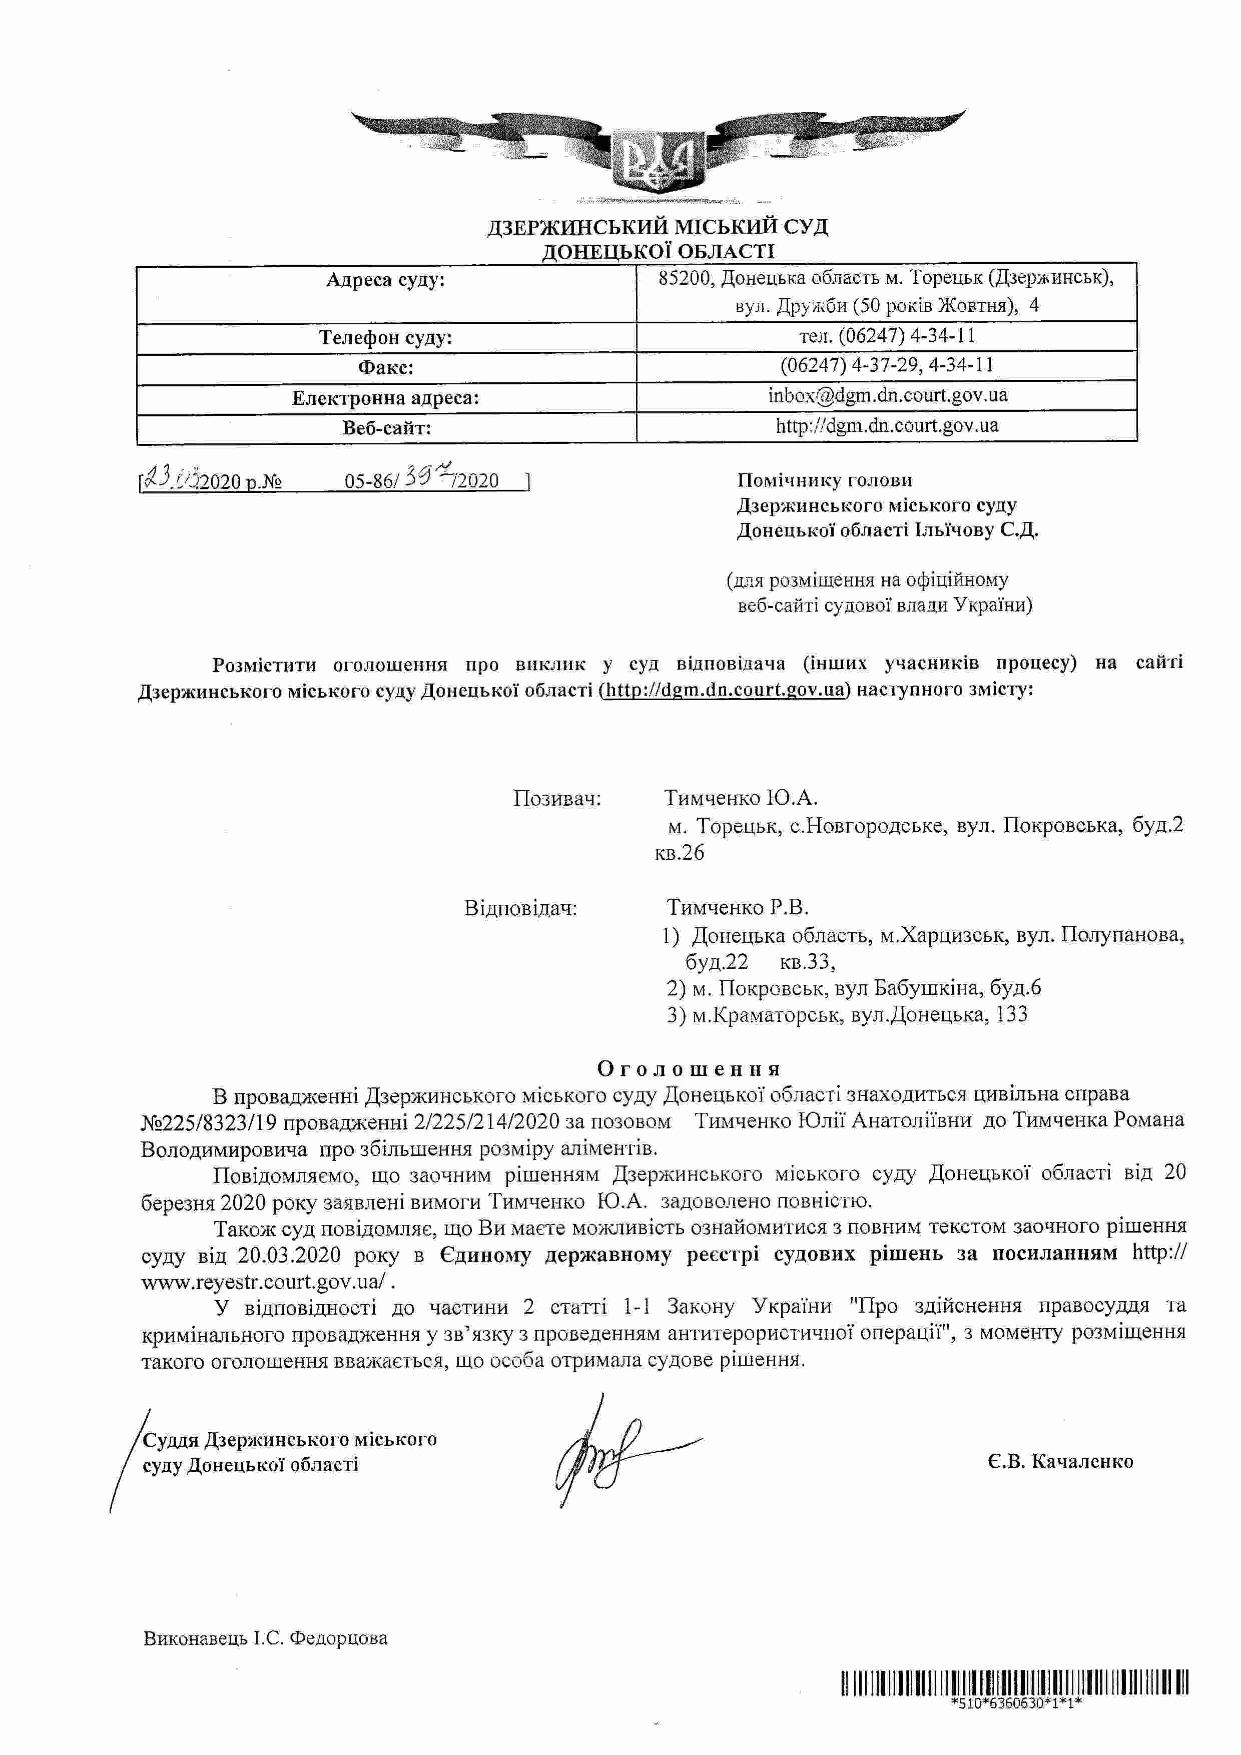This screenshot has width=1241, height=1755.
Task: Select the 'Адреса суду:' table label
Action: click(x=385, y=280)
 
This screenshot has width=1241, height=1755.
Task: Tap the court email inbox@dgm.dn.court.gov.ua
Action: click(x=887, y=395)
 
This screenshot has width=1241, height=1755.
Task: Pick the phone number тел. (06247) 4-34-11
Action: click(x=887, y=336)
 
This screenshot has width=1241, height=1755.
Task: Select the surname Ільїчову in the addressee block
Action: click(x=954, y=530)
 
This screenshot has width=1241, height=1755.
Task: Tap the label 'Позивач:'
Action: click(x=557, y=799)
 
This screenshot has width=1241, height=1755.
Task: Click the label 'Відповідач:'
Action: click(x=520, y=908)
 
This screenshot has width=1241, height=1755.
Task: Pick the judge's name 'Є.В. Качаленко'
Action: click(x=1059, y=1461)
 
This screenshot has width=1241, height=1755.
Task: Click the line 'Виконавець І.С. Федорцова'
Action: click(x=265, y=1638)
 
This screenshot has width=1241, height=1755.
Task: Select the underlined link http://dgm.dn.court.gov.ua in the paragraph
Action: click(x=725, y=690)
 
